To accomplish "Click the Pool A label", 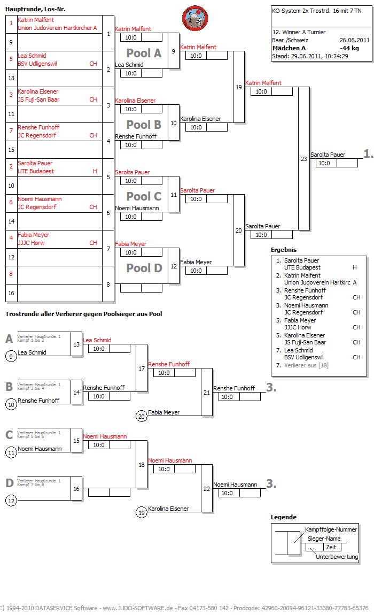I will click(x=143, y=53).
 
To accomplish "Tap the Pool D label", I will click(x=143, y=268).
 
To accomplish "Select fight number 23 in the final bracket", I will click(x=304, y=158).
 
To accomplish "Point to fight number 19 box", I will click(x=238, y=87).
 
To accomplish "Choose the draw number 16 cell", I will click(x=11, y=293).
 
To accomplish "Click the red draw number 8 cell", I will click(x=11, y=274).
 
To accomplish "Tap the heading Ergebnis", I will click(x=283, y=250).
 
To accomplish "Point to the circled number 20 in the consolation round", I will click(x=142, y=416).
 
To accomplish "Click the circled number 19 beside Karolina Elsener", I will click(x=142, y=512).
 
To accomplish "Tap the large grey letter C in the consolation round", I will click(x=9, y=435).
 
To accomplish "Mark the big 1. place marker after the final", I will click(x=368, y=153).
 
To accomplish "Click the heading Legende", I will click(x=283, y=517).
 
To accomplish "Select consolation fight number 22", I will click(x=207, y=489).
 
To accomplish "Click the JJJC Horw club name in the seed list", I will click(x=31, y=243).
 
